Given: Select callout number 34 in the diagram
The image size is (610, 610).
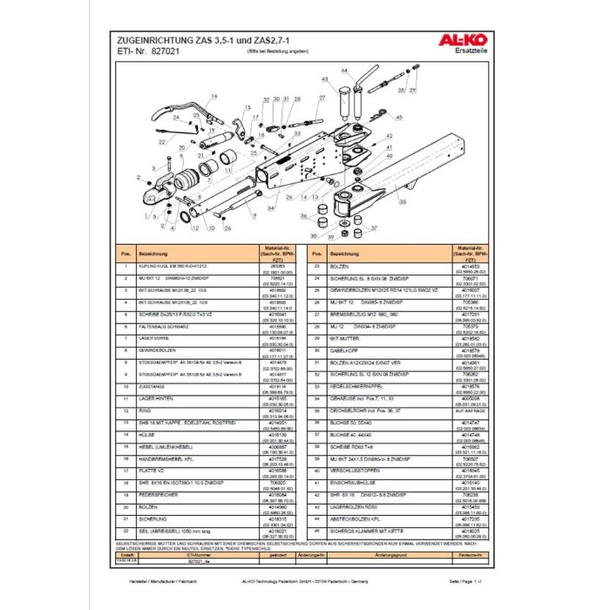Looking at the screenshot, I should pos(270,209).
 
